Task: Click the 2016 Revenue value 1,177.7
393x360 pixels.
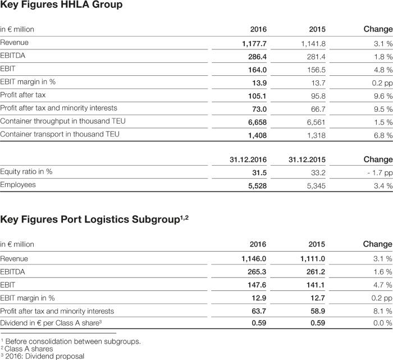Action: pyautogui.click(x=254, y=44)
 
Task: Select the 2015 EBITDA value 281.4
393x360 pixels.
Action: pyautogui.click(x=316, y=57)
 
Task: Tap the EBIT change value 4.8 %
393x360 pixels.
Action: pyautogui.click(x=383, y=70)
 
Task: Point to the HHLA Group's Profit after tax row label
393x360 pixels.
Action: pyautogui.click(x=23, y=95)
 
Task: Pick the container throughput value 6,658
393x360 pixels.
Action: pyautogui.click(x=257, y=122)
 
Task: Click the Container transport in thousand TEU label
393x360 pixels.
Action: pyautogui.click(x=60, y=134)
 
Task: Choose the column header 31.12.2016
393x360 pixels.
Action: pyautogui.click(x=248, y=160)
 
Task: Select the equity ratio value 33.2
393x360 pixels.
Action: pyautogui.click(x=318, y=173)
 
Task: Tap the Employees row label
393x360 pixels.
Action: pyautogui.click(x=18, y=185)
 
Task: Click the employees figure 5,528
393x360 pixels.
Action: pyautogui.click(x=257, y=186)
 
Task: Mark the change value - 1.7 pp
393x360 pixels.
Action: pyautogui.click(x=380, y=173)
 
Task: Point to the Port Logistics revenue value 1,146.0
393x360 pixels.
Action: pyautogui.click(x=254, y=259)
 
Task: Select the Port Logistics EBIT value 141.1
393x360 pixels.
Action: pyautogui.click(x=316, y=285)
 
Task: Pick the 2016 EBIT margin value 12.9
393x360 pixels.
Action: pyautogui.click(x=259, y=298)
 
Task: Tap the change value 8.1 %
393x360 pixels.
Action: pyautogui.click(x=383, y=311)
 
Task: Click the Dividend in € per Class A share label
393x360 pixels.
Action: pyautogui.click(x=51, y=323)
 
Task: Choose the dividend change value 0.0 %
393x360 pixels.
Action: pyautogui.click(x=383, y=323)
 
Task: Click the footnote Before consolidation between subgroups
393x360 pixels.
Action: pyautogui.click(x=73, y=341)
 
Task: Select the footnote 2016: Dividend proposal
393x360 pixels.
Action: pyautogui.click(x=44, y=356)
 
